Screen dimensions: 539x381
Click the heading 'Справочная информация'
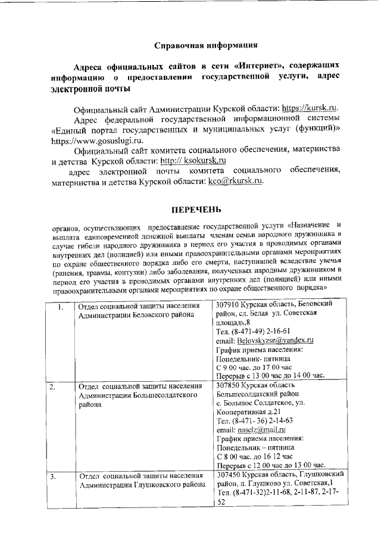pos(206,45)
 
